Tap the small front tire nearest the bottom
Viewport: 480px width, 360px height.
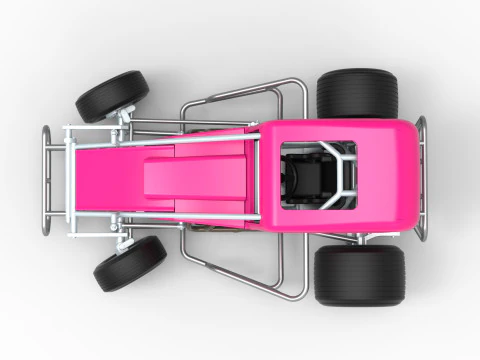click(x=129, y=263)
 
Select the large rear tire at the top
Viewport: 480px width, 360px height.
click(x=357, y=93)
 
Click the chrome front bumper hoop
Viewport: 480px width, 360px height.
click(x=46, y=180)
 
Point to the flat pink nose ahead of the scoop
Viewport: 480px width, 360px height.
click(x=105, y=178)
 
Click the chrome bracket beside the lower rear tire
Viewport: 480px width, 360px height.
click(x=350, y=238)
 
